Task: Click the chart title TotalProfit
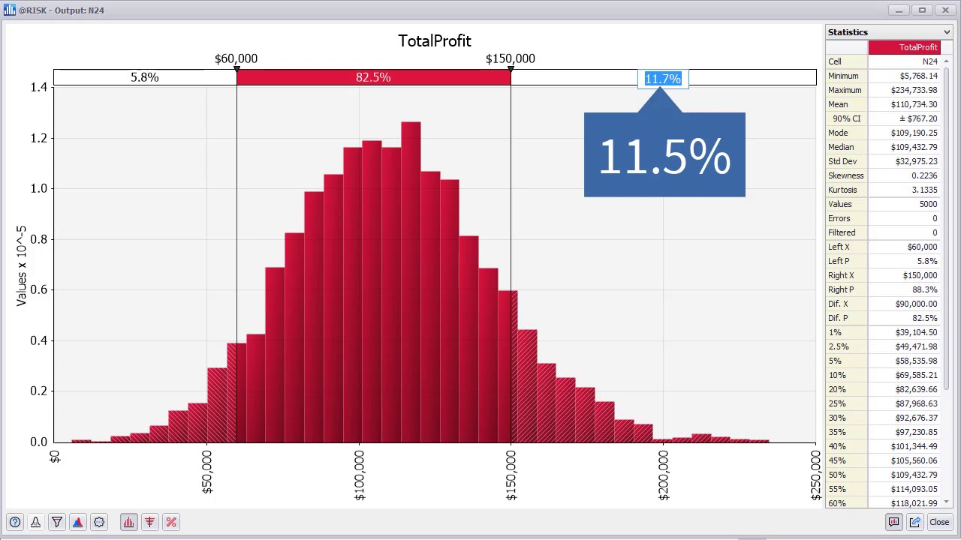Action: [x=434, y=40]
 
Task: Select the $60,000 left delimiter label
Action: [x=236, y=58]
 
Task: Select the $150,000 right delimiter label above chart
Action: [x=510, y=58]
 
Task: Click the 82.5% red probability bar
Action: [x=373, y=77]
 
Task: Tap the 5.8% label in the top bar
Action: [x=144, y=77]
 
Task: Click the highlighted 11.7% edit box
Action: [x=662, y=79]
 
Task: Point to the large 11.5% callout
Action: [x=664, y=156]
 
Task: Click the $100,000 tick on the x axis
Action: [x=360, y=474]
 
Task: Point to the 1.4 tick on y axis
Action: [x=38, y=87]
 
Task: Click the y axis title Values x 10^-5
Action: [x=21, y=265]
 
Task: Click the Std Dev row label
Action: [x=842, y=161]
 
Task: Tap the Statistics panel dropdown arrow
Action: [x=947, y=32]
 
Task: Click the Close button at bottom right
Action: [x=939, y=522]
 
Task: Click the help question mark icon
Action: [x=15, y=522]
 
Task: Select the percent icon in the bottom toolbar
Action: [x=171, y=522]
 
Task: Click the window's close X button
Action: [x=945, y=10]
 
